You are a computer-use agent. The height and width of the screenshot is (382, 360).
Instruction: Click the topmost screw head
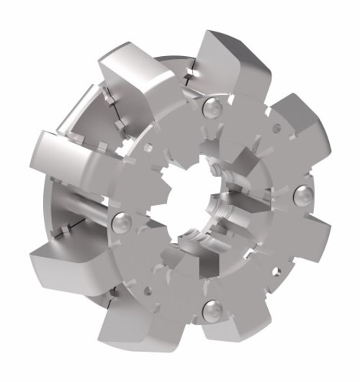[212, 109]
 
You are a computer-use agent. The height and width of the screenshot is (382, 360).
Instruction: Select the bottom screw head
[212, 311]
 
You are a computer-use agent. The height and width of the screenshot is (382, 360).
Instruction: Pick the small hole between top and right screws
[276, 129]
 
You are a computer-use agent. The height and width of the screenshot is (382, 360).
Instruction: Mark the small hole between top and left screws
[147, 148]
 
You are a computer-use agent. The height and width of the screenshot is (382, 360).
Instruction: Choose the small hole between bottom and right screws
[276, 271]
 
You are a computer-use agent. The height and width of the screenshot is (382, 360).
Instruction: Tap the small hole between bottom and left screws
[148, 291]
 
